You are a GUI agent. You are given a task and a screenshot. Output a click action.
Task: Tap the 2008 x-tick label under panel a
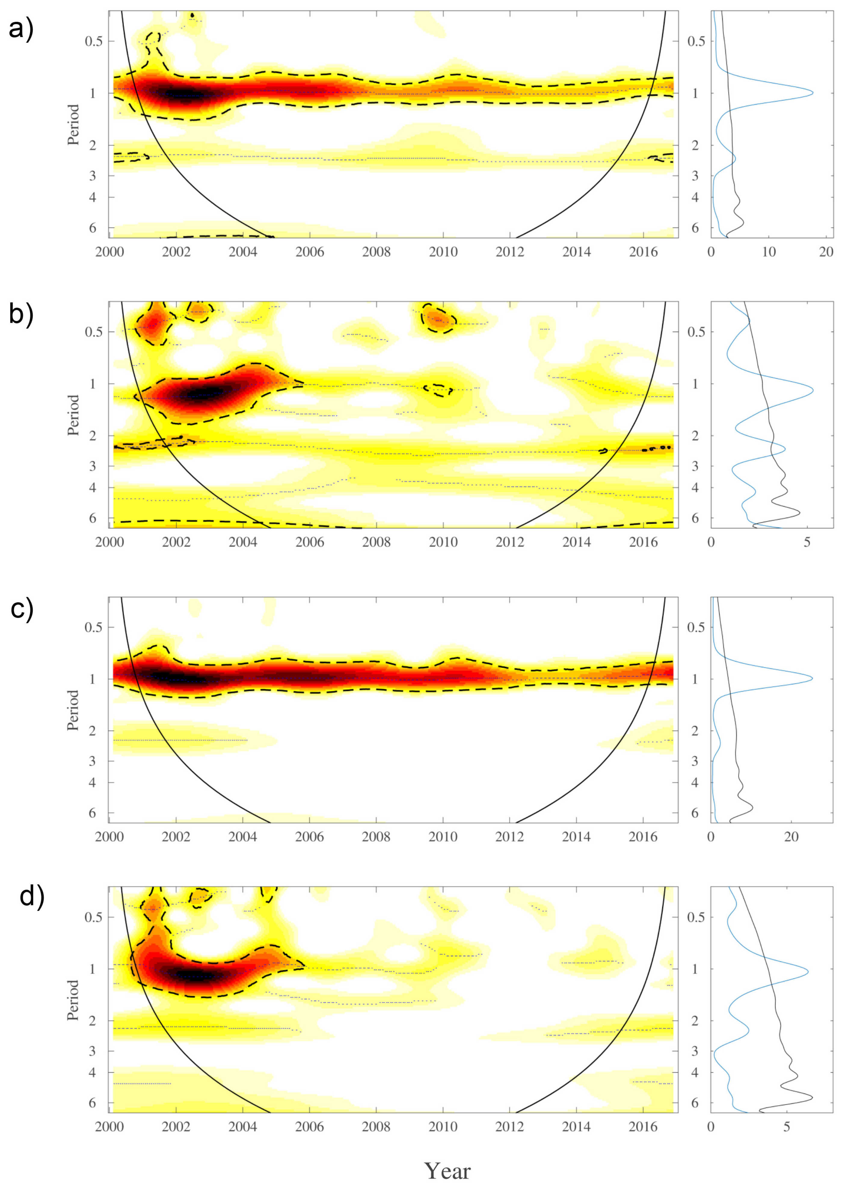click(376, 252)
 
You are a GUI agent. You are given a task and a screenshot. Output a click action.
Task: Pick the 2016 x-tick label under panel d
click(643, 1127)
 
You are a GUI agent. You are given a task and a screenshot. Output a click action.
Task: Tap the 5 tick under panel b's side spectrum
click(807, 542)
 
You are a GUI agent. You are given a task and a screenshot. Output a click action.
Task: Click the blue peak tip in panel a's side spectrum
click(812, 93)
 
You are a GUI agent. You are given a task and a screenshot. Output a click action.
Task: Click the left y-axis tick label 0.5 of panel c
click(94, 627)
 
